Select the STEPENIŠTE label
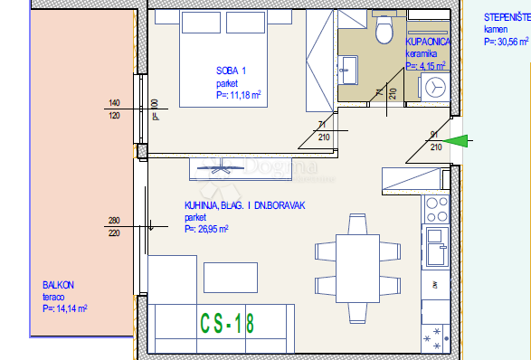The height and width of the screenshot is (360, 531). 506,17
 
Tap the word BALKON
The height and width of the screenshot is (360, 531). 58,285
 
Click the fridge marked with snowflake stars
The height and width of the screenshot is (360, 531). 435,337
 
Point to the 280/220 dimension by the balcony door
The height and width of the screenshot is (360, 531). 114,226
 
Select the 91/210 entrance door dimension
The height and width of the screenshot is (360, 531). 435,140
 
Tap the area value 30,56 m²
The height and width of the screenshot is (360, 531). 507,42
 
